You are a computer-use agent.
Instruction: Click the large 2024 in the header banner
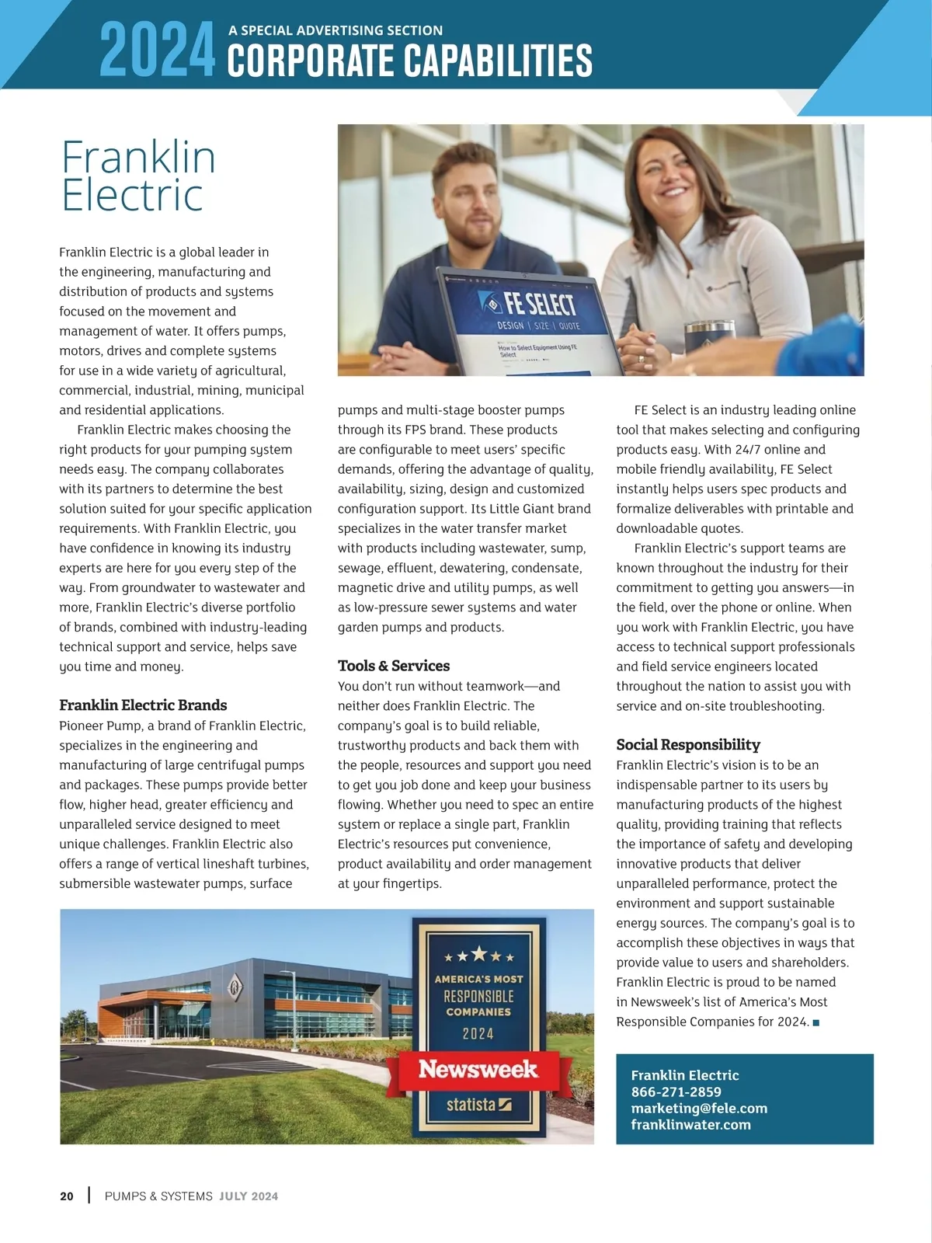pos(158,50)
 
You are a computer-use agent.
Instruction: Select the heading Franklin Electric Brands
pos(143,705)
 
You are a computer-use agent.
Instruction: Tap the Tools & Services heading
pos(394,666)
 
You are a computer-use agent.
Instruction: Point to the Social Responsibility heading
pos(688,744)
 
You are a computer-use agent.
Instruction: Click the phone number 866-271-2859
pos(676,1092)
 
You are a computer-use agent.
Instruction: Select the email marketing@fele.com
pos(699,1108)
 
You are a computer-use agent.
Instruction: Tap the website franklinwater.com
pos(690,1124)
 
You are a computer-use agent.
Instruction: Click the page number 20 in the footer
pos(67,1196)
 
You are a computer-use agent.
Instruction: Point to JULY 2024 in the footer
pos(249,1196)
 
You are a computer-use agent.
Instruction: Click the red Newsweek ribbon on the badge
pos(478,1070)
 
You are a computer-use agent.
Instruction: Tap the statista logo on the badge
pos(478,1104)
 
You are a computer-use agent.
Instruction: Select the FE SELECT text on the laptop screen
pos(540,304)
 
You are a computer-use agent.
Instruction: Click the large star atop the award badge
pos(479,953)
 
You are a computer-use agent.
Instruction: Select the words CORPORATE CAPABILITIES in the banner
pos(409,61)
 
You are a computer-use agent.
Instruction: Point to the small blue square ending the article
pos(815,1022)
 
